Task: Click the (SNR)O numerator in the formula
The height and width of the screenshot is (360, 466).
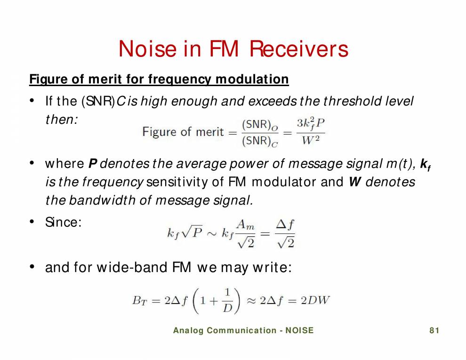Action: [x=259, y=125]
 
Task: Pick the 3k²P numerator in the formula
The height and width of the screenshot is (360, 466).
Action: [x=311, y=124]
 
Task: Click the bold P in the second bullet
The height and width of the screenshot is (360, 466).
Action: [x=93, y=164]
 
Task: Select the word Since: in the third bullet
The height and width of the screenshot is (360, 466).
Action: [x=64, y=222]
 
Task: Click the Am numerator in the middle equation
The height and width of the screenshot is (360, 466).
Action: [x=245, y=225]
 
